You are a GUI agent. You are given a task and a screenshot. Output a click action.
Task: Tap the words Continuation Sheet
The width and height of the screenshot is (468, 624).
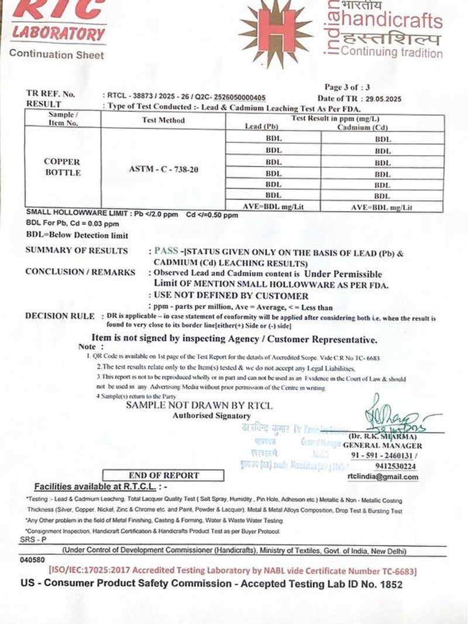tap(57, 55)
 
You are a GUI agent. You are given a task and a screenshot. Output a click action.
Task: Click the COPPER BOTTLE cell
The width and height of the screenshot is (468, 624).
tap(63, 167)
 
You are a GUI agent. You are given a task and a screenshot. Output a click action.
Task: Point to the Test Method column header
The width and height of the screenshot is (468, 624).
tap(163, 120)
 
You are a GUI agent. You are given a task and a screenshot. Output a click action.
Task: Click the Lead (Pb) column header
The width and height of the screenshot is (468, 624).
tap(261, 126)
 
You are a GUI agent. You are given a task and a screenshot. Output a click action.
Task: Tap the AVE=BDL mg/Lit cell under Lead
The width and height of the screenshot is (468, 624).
tap(273, 207)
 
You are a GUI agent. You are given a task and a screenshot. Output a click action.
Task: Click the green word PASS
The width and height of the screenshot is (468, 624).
tap(166, 251)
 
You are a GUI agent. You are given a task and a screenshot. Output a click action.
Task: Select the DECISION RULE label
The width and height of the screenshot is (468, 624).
tap(60, 316)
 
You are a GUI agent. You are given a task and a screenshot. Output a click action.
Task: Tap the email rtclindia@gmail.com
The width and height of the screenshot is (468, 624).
tap(383, 477)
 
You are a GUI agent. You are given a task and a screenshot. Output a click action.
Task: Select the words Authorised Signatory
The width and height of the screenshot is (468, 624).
tap(211, 416)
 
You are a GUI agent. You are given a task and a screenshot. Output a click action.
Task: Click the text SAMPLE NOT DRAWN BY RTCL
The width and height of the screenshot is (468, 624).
tap(199, 405)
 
